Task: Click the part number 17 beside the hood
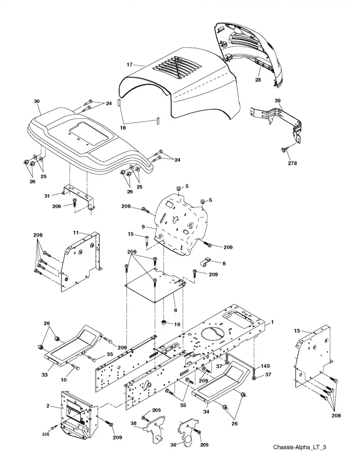point(129,64)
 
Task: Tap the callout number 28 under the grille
point(258,80)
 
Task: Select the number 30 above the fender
point(36,101)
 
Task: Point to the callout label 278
point(292,163)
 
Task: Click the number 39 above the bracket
point(277,101)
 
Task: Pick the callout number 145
point(265,366)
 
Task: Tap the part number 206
point(45,435)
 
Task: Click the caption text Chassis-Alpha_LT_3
point(299,447)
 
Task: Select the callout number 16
point(177,324)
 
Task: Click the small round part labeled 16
point(163,322)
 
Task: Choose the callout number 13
point(297,331)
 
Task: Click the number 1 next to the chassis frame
point(272,322)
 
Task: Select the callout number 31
point(47,196)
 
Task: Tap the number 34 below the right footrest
point(206,412)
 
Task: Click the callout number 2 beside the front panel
point(48,406)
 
